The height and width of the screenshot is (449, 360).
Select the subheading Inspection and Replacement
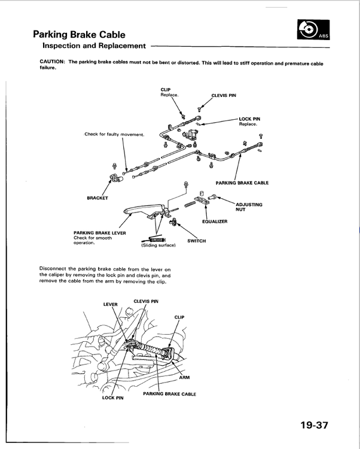94,45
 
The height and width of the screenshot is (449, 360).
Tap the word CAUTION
53,62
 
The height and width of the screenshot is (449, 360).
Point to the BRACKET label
97,197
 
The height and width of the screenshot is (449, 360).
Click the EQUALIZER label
215,222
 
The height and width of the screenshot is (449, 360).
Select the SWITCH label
196,241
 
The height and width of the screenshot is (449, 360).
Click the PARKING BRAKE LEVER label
99,233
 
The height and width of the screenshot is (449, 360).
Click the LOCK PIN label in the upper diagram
249,119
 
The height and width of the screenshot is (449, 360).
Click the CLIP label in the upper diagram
166,90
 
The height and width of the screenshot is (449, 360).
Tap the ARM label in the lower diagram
184,377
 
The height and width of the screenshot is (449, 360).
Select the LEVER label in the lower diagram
111,304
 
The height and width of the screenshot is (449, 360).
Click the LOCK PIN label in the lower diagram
112,398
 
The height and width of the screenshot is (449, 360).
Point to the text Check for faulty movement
115,134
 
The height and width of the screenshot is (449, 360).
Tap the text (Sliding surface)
158,245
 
